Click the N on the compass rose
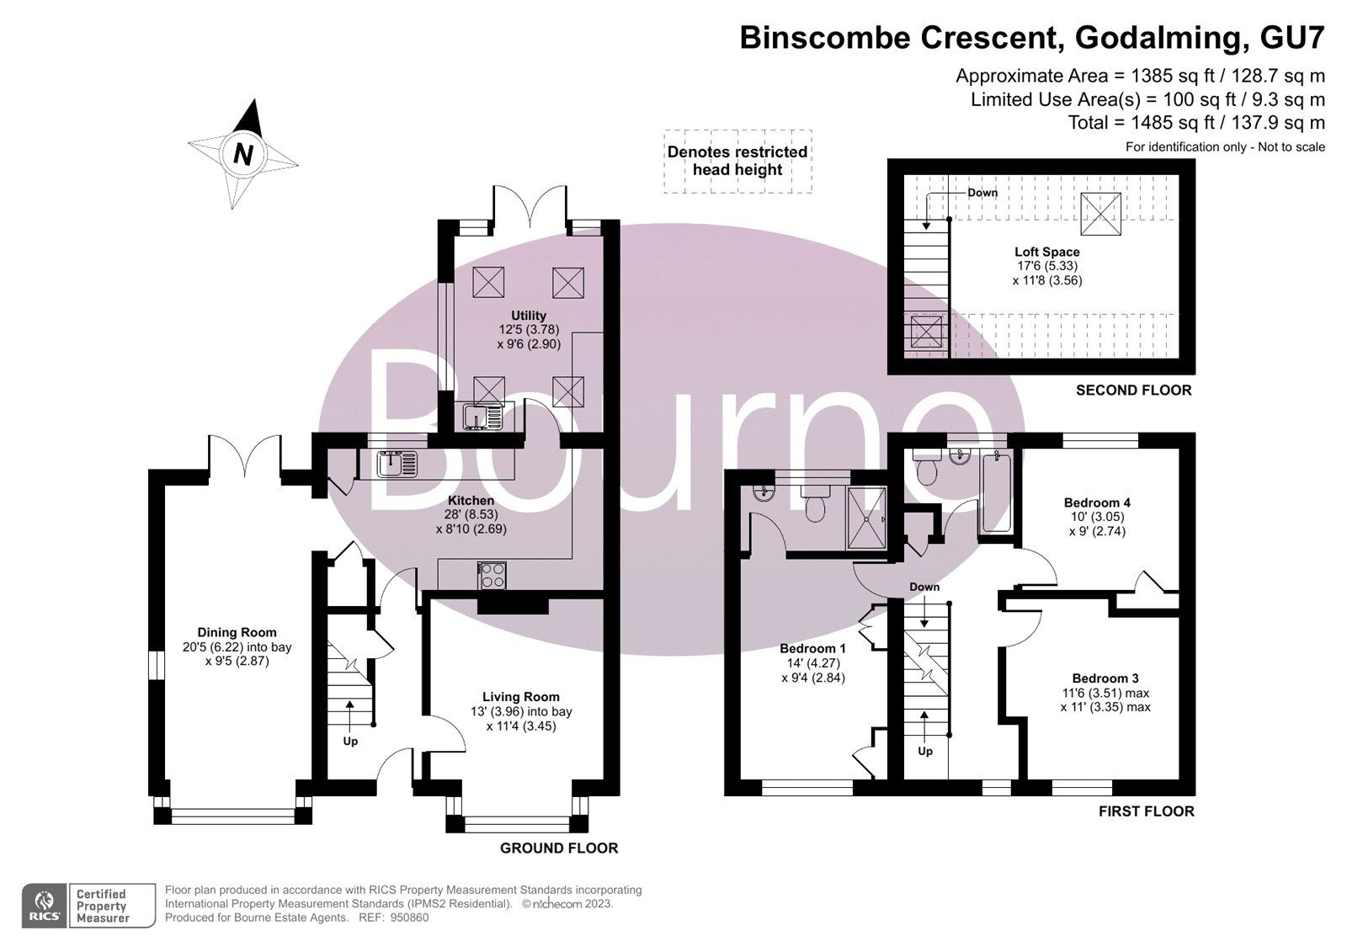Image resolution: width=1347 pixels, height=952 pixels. coord(243,154)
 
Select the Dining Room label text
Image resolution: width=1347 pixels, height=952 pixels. coord(237,632)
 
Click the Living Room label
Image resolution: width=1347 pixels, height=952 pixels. coord(520,696)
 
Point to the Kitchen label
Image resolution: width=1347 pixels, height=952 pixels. coord(471,500)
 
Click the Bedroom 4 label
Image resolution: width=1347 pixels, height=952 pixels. coord(1097,503)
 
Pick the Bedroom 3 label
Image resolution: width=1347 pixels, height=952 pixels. coord(1105,678)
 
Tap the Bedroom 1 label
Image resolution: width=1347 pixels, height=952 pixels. coord(812,648)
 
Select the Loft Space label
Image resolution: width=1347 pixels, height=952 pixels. coord(1046,252)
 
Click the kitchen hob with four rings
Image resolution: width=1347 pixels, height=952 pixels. coord(492,576)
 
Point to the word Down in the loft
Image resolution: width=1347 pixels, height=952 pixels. coord(982,193)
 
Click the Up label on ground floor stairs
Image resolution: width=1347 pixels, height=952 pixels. coord(350,742)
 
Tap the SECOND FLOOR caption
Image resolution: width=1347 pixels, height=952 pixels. coord(1133,390)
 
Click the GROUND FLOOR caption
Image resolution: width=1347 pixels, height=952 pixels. coord(559,848)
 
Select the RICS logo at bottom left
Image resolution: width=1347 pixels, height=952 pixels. coord(43,906)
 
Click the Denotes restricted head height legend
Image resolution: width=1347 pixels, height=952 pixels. coord(737,161)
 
